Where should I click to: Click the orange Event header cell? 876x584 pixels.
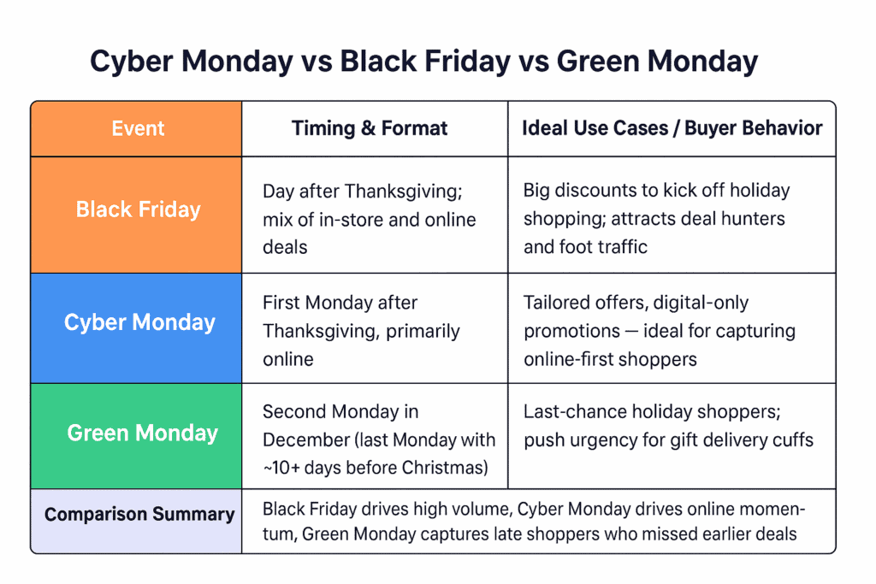click(x=136, y=128)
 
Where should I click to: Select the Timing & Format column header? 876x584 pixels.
click(x=370, y=128)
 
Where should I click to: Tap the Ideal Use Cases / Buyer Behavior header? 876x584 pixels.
click(x=672, y=128)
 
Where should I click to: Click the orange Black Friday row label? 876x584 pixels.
click(x=136, y=215)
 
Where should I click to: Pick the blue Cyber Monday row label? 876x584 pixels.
click(x=136, y=328)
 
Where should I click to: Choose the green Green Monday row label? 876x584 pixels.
click(x=136, y=436)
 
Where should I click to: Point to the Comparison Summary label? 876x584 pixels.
click(x=139, y=514)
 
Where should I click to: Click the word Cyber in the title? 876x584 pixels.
click(x=131, y=62)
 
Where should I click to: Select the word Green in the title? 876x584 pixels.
click(x=598, y=61)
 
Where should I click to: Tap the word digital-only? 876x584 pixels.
click(x=701, y=304)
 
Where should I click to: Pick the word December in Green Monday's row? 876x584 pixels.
click(x=306, y=440)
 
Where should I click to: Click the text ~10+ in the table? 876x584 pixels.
click(x=281, y=468)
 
